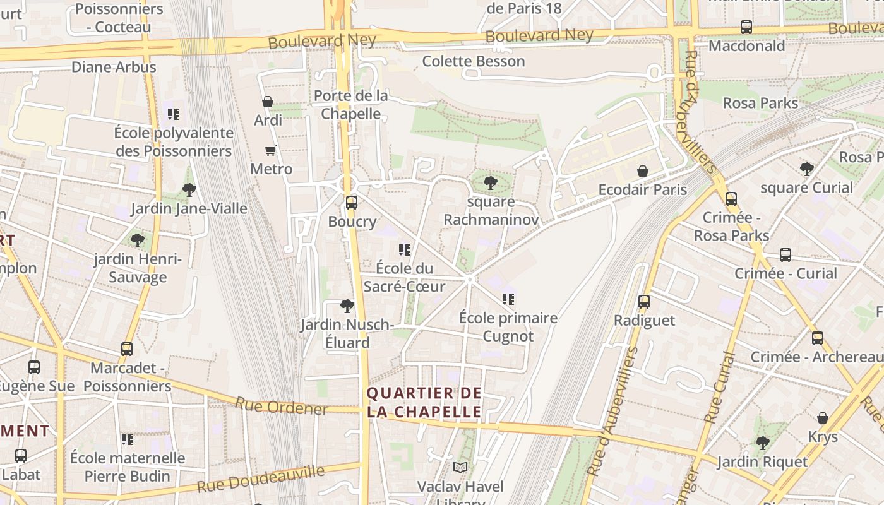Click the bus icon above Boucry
(352, 203)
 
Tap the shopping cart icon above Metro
(271, 150)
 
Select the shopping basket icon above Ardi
(268, 101)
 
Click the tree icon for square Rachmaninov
(490, 183)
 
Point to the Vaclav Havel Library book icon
(461, 468)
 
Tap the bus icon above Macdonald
(746, 27)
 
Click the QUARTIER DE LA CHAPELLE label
(424, 403)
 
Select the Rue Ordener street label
(282, 407)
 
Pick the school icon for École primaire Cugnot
(508, 299)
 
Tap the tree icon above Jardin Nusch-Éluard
(347, 306)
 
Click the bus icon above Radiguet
(644, 302)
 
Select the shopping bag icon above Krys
(823, 418)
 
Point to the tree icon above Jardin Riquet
(763, 443)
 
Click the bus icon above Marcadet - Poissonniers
(127, 349)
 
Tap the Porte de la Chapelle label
(351, 105)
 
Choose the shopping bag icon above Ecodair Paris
(643, 171)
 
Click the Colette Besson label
(474, 61)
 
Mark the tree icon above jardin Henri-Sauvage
(137, 241)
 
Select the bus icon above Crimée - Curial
(785, 255)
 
